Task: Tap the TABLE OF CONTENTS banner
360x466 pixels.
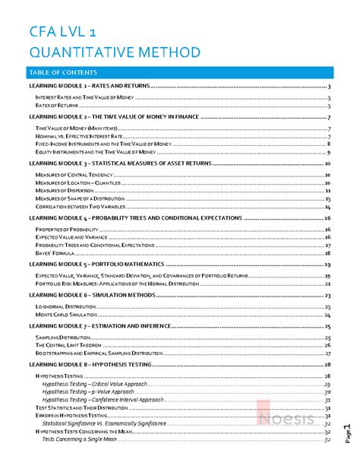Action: [62, 72]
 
